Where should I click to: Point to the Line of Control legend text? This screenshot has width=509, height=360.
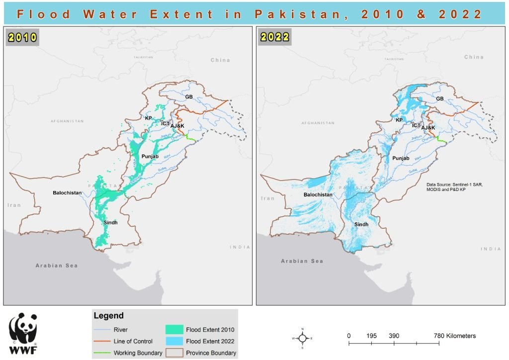(x=133, y=342)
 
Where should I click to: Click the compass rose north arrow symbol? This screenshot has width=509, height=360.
(x=302, y=338)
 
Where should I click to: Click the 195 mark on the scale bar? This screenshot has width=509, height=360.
(x=371, y=336)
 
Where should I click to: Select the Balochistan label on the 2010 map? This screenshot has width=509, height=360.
(x=67, y=192)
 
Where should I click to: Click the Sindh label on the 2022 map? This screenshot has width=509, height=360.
(x=361, y=225)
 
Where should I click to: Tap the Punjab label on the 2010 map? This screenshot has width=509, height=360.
(x=150, y=157)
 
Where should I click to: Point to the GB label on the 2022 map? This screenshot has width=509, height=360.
(x=439, y=99)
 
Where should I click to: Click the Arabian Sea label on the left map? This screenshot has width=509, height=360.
(x=57, y=266)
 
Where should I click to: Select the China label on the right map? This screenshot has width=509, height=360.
(x=473, y=57)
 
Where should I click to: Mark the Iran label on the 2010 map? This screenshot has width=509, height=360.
(x=14, y=205)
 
